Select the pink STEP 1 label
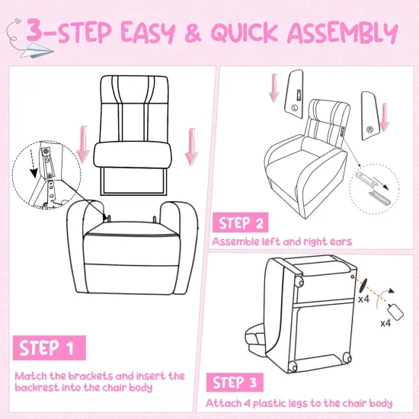47,349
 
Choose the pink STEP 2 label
241,222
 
